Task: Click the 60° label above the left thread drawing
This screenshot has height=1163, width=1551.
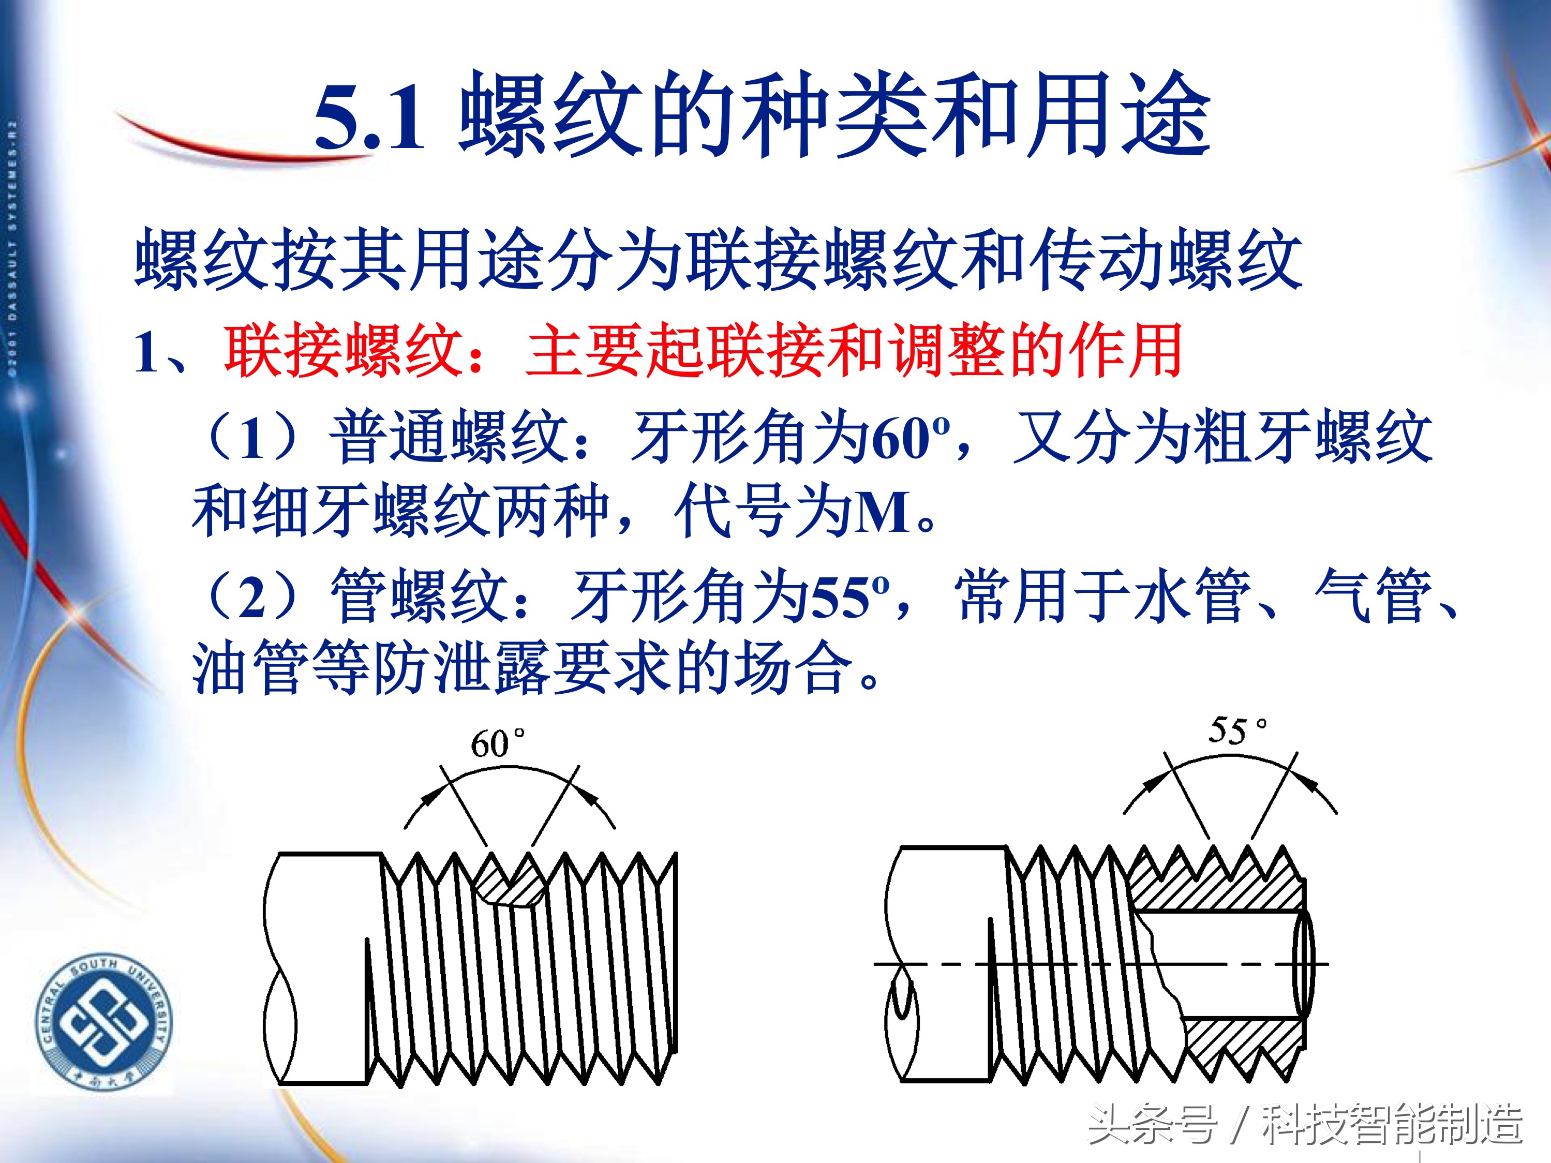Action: click(497, 743)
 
